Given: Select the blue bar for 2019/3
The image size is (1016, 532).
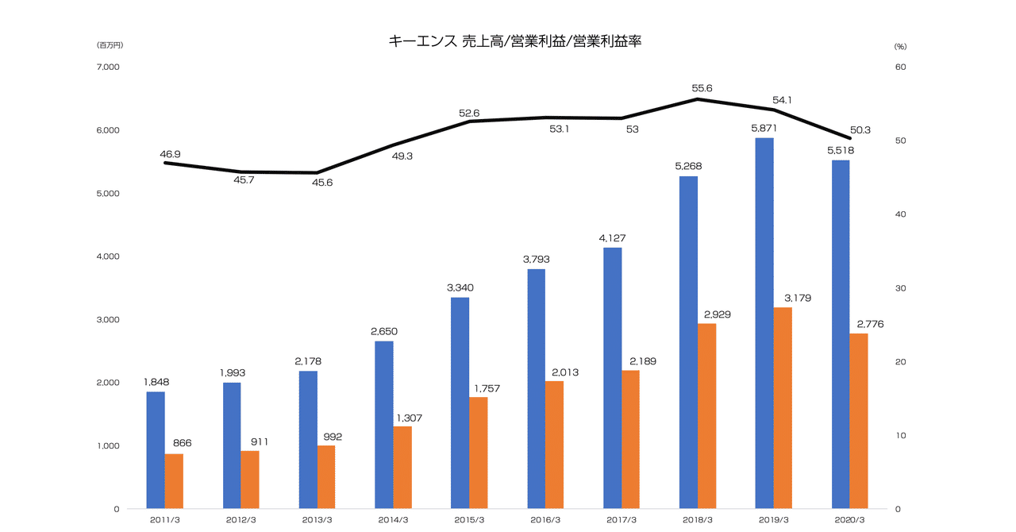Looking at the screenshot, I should click(764, 323).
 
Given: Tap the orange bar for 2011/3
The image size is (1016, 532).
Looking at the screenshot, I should click(174, 481).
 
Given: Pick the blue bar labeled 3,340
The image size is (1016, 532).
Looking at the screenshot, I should click(460, 403).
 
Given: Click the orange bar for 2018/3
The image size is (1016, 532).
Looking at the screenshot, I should click(707, 415).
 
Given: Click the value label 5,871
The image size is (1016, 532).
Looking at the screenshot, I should click(764, 128).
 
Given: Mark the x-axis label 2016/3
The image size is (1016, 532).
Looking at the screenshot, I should click(545, 519).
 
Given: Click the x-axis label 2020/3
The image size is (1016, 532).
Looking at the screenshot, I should click(850, 519).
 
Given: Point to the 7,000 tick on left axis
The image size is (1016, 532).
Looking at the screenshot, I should click(107, 67).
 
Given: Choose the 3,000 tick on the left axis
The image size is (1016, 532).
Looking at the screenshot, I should click(107, 320).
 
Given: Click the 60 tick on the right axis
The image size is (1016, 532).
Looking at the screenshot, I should click(901, 67).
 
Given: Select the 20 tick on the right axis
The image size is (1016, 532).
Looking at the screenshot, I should click(901, 362).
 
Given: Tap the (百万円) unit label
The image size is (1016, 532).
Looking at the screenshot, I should click(110, 45).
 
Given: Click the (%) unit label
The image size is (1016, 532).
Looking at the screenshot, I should click(900, 45).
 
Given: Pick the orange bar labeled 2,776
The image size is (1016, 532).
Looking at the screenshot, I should click(859, 421).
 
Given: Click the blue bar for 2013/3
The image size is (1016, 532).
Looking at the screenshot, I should click(308, 439).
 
